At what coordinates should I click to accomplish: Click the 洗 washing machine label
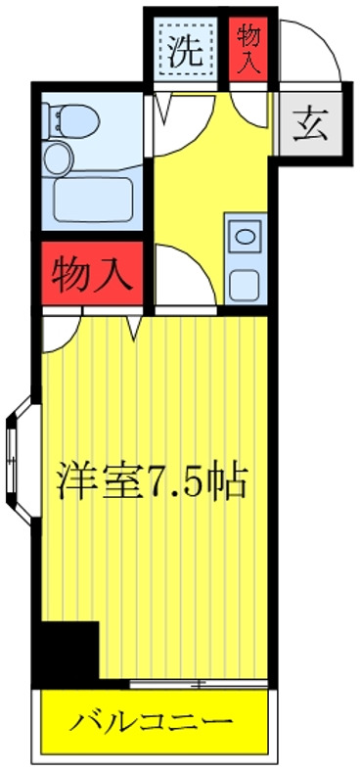(187, 51)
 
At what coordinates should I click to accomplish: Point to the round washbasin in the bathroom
(59, 158)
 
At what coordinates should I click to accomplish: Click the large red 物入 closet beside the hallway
(94, 273)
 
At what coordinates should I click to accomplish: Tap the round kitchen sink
(243, 236)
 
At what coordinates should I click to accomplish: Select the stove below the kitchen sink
(243, 285)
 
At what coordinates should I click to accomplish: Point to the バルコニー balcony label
(152, 725)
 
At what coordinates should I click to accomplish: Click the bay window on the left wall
(17, 455)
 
